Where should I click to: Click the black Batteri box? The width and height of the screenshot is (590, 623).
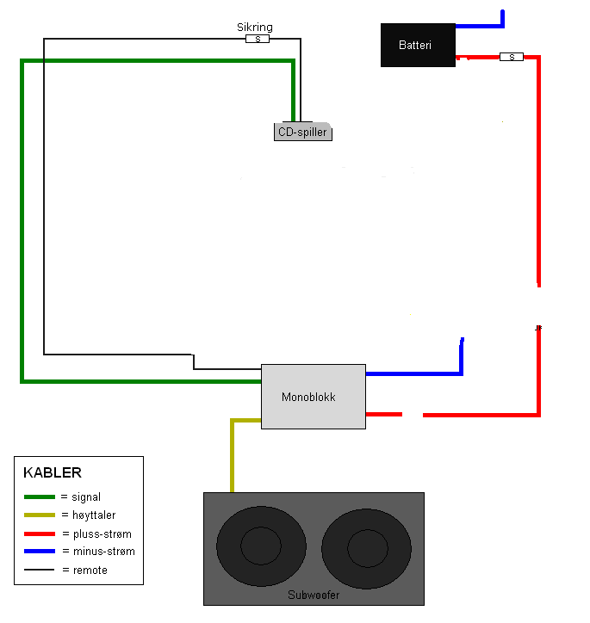click(418, 45)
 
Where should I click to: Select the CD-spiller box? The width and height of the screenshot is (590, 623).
click(303, 132)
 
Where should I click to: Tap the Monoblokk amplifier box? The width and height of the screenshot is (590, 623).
click(314, 397)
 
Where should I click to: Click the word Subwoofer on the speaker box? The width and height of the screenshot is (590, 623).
click(314, 595)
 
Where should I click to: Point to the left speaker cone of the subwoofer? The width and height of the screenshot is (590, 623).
click(261, 546)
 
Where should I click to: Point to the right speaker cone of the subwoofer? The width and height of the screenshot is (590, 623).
click(367, 548)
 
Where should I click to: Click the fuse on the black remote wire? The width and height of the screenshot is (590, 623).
click(258, 39)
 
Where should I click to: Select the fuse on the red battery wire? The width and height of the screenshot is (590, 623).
click(512, 57)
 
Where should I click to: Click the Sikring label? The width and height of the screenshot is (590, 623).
click(255, 27)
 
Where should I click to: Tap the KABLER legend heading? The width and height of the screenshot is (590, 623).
click(53, 472)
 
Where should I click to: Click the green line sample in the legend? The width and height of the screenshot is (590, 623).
click(40, 497)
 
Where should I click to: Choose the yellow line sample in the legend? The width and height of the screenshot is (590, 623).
click(40, 515)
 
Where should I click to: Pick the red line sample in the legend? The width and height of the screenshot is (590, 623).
click(40, 534)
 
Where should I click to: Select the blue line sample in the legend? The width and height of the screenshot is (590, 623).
click(40, 551)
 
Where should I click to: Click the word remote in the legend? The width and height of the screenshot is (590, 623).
click(90, 571)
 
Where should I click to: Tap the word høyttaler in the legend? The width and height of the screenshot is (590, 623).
click(94, 515)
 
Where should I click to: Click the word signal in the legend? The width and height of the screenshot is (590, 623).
click(86, 497)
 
